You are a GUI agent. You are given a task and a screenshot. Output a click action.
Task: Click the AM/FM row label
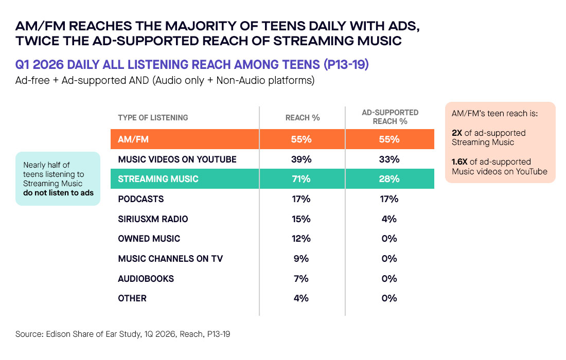[133, 139]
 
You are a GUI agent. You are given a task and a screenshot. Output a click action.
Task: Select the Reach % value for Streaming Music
[301, 179]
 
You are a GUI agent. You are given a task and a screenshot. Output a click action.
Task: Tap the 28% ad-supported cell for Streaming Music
[389, 179]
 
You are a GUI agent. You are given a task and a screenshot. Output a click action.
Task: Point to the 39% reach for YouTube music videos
[301, 159]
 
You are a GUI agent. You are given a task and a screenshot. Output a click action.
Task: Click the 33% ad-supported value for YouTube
[389, 159]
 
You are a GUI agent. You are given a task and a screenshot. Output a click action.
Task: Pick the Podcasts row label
[141, 199]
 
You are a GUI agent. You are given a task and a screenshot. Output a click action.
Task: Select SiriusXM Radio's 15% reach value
[301, 219]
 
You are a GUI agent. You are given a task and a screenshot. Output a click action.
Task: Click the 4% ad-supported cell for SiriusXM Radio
[389, 219]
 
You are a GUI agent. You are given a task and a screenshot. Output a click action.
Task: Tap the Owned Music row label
[149, 239]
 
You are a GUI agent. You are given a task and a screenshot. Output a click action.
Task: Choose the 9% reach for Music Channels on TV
[301, 259]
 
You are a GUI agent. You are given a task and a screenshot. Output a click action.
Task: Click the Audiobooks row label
[146, 278]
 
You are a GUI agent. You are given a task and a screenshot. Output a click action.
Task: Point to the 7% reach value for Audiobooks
[301, 278]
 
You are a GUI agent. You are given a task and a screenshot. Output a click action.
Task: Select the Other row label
[132, 298]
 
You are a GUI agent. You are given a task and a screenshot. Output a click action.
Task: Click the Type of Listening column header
[153, 118]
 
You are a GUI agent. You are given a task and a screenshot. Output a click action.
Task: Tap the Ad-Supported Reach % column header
[390, 117]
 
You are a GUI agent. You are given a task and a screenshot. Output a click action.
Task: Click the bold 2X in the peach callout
[457, 133]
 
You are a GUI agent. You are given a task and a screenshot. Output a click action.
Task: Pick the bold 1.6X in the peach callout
[459, 161]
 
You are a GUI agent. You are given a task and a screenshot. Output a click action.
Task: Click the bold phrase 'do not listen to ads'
[59, 193]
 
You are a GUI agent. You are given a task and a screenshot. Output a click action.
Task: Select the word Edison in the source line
[58, 334]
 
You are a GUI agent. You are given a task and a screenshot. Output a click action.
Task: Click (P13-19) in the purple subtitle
[346, 65]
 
